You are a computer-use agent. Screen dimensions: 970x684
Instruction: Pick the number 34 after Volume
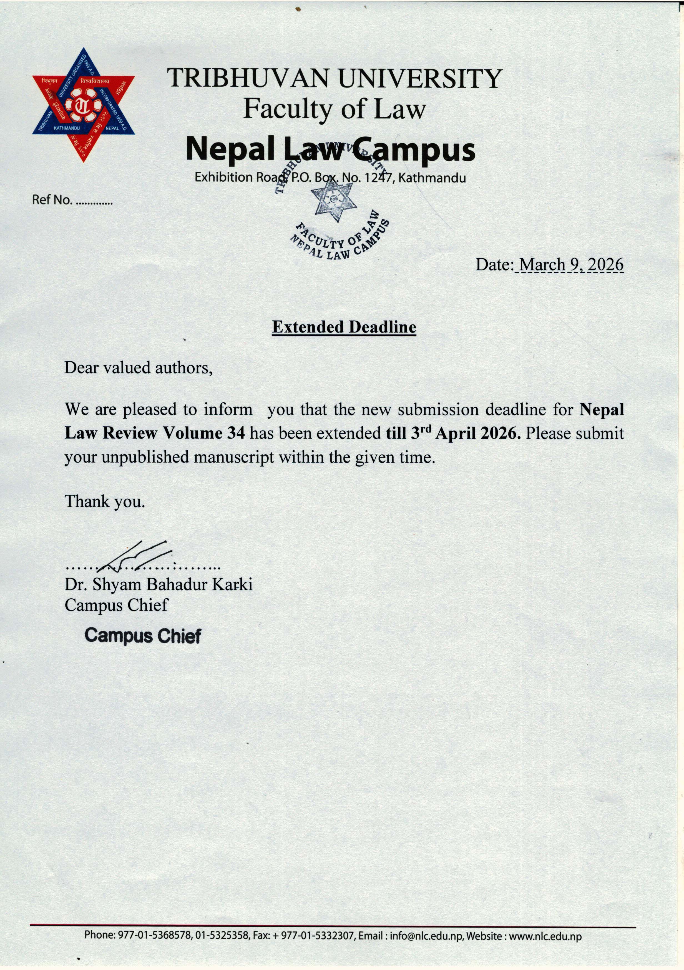click(x=236, y=433)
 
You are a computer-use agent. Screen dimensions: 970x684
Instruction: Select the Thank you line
click(x=105, y=501)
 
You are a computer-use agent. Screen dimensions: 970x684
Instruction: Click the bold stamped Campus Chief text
click(x=143, y=635)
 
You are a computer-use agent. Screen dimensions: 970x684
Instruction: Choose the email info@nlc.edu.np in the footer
click(x=426, y=936)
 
